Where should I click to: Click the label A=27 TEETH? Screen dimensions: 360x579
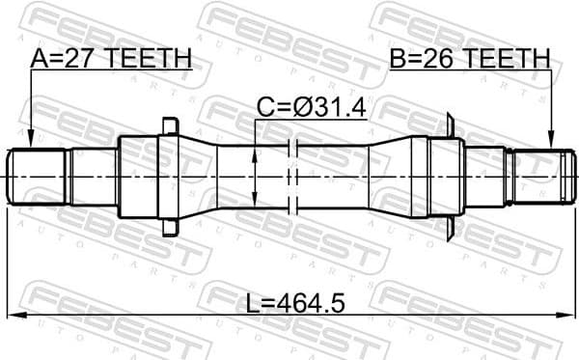[110, 59]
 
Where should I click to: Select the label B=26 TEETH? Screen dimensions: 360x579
[469, 59]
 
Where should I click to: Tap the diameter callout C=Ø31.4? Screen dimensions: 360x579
[311, 108]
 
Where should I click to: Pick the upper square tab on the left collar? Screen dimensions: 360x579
[171, 126]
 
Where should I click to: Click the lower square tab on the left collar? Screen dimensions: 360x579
[171, 228]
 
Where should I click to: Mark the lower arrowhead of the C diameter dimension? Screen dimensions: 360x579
[253, 200]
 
